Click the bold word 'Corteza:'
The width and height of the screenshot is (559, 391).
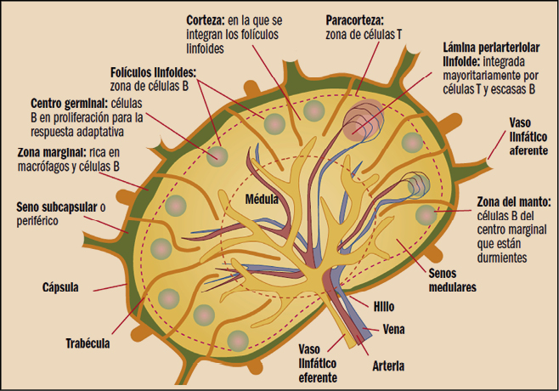[x=209, y=18]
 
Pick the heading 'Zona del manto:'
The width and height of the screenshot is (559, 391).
[x=514, y=202]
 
